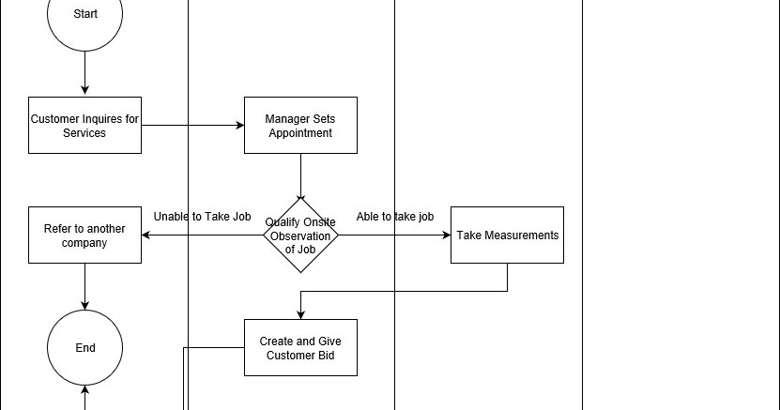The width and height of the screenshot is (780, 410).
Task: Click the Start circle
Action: point(84,16)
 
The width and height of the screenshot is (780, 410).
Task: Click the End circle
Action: point(84,347)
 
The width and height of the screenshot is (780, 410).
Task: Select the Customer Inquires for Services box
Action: point(84,125)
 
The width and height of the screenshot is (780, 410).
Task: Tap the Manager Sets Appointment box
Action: point(300,125)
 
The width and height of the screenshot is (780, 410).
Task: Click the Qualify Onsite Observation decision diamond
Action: point(300,235)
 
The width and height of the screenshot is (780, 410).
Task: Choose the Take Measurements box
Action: point(507,235)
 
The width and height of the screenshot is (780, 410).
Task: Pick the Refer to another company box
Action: point(84,235)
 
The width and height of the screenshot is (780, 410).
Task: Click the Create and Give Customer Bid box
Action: point(300,347)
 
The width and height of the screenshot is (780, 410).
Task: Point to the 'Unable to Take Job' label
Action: point(202,217)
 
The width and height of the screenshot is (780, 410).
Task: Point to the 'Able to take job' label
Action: point(394,217)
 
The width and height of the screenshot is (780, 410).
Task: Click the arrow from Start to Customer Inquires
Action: point(84,73)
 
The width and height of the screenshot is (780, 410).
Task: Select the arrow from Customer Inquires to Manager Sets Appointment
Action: point(192,125)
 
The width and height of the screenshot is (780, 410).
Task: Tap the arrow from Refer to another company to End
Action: point(84,286)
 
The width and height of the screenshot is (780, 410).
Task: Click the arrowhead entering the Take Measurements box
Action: point(446,235)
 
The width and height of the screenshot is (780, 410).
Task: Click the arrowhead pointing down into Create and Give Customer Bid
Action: point(300,314)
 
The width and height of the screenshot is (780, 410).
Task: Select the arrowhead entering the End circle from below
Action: point(84,389)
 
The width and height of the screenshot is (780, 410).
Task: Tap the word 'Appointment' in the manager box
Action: point(300,133)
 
